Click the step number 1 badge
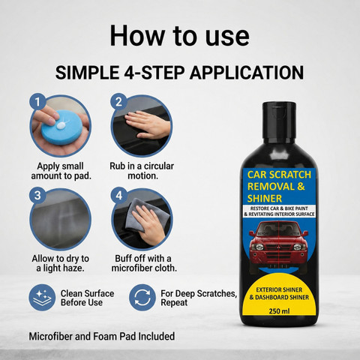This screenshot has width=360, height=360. [37, 102]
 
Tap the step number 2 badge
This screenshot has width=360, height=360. [118, 102]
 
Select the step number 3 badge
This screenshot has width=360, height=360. [37, 195]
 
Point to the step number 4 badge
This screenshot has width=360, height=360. [118, 195]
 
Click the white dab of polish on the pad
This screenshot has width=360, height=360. [61, 124]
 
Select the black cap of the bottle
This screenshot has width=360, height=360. [279, 112]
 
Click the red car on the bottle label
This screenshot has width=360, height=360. [279, 243]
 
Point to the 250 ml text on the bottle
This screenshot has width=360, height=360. [279, 311]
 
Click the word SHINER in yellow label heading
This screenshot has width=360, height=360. [265, 199]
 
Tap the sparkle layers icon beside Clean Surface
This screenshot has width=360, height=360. [42, 298]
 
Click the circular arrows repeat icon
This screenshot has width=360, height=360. [142, 298]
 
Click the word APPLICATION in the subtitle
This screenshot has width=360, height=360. [247, 73]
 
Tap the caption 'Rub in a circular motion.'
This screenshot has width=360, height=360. [142, 171]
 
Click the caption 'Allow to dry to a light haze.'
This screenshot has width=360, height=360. [60, 263]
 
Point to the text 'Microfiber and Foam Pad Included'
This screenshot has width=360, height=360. [102, 336]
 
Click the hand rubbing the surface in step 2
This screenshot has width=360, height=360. [148, 125]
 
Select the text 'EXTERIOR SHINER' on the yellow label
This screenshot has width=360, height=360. [279, 289]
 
